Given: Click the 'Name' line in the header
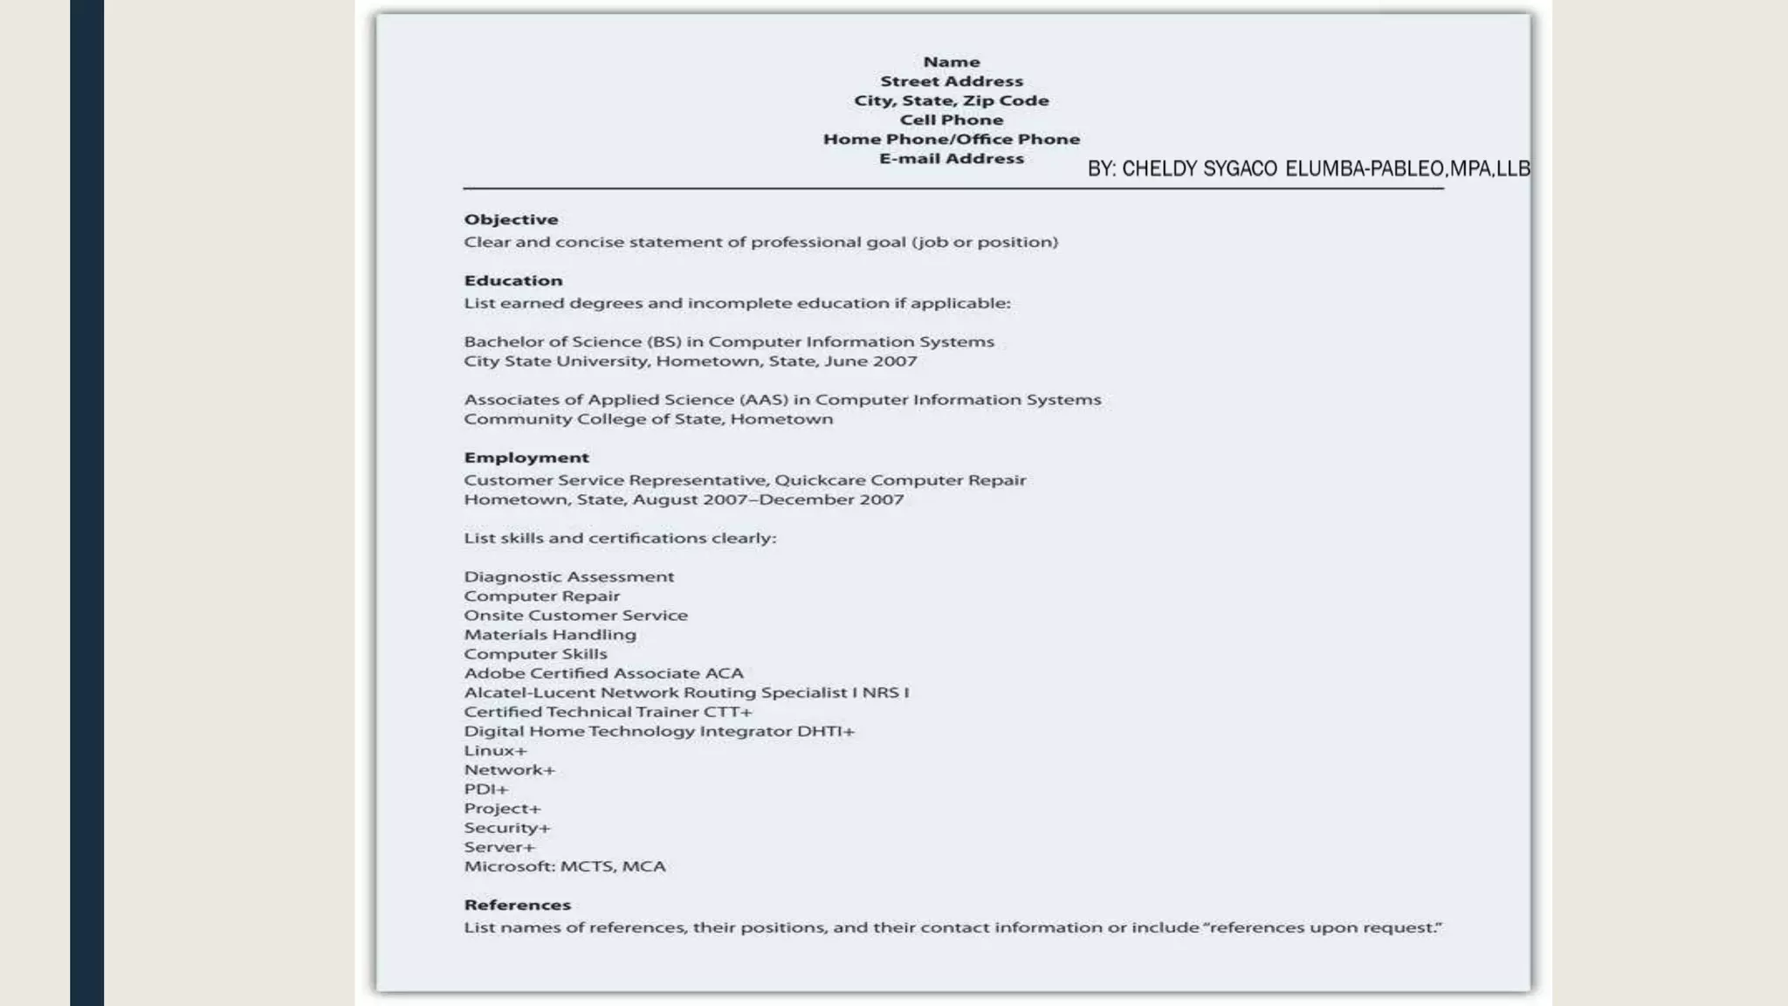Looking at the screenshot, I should tap(952, 62).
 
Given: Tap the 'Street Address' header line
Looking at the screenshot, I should tap(952, 81).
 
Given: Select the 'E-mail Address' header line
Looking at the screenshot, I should tap(952, 158).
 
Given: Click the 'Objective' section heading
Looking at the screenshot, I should tap(511, 219).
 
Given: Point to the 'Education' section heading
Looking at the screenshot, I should tap(513, 280).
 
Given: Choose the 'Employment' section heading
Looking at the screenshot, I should tap(526, 458).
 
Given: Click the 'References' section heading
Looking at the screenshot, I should tap(517, 905).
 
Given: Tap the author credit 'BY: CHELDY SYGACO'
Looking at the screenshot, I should tap(1182, 169).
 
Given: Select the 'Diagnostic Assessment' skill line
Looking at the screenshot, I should tap(569, 576).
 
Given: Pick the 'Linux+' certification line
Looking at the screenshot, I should tap(495, 750).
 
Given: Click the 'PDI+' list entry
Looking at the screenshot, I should tap(485, 789).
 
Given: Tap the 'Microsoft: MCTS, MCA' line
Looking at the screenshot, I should tap(565, 866).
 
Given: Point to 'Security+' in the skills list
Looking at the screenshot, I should tap(507, 828).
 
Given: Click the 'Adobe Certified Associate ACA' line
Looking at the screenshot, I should tap(603, 673).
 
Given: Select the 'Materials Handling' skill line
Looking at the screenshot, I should tap(550, 635).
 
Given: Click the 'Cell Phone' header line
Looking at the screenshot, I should tap(952, 120).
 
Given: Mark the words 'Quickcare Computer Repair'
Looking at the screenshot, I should tap(900, 480).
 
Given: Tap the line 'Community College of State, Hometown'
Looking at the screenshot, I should tap(648, 419).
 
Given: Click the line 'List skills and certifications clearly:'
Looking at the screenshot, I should tap(620, 538).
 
